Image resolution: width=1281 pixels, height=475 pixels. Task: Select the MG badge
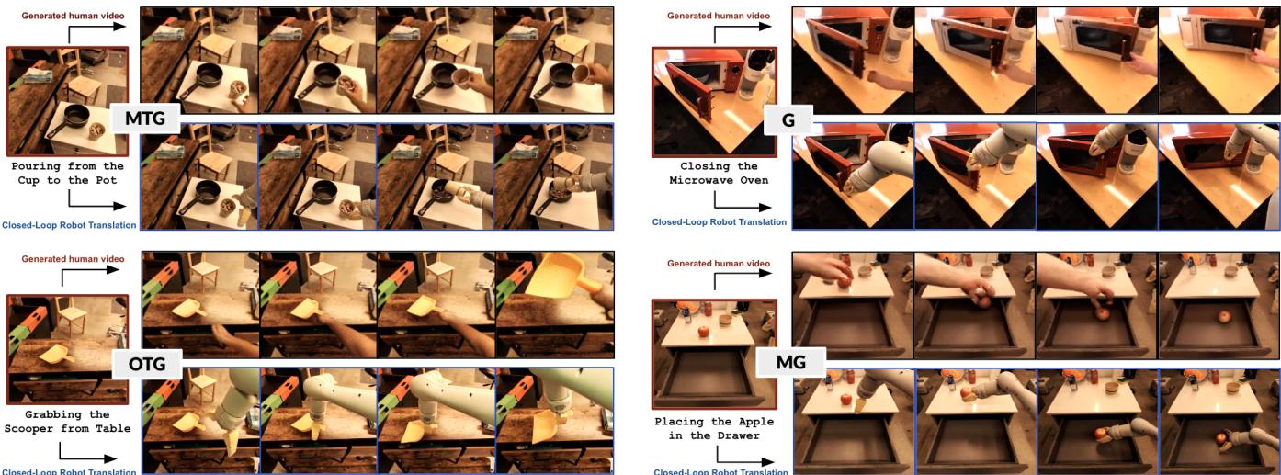click(790, 362)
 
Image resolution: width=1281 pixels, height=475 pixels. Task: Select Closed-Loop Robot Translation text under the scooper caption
click(69, 472)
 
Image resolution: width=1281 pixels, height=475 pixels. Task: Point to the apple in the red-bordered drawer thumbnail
click(703, 331)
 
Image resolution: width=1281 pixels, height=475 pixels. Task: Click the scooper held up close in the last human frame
click(562, 279)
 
